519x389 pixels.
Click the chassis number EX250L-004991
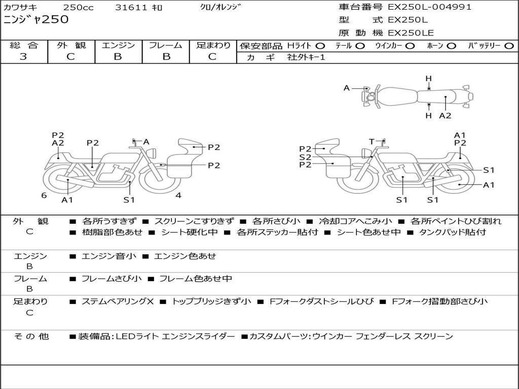pyautogui.click(x=429, y=7)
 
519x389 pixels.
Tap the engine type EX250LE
pyautogui.click(x=411, y=33)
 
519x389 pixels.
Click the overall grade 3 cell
pyautogui.click(x=23, y=57)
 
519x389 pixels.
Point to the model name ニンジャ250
pyautogui.click(x=36, y=19)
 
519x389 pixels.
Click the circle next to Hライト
pyautogui.click(x=320, y=46)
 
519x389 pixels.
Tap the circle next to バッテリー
pyautogui.click(x=509, y=46)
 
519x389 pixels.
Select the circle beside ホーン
pyautogui.click(x=452, y=46)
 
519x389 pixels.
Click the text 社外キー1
pyautogui.click(x=306, y=57)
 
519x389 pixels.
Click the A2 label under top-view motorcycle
pyautogui.click(x=445, y=115)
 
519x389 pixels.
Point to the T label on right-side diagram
pyautogui.click(x=372, y=142)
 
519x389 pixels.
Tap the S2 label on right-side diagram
pyautogui.click(x=305, y=157)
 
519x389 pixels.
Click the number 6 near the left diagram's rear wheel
pyautogui.click(x=44, y=195)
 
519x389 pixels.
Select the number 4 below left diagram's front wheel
pyautogui.click(x=178, y=195)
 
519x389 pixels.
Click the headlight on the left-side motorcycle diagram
pyautogui.click(x=152, y=153)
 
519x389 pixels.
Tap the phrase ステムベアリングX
pyautogui.click(x=118, y=301)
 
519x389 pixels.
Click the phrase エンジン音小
pyautogui.click(x=108, y=256)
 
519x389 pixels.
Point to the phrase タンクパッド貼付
pyautogui.click(x=453, y=232)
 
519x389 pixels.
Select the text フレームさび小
pyautogui.click(x=112, y=279)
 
